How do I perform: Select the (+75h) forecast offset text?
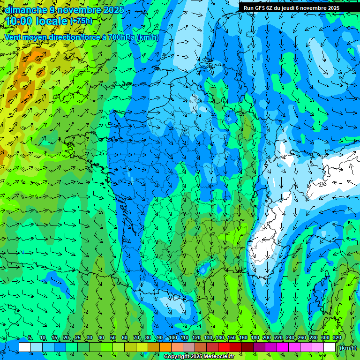[x=81, y=21]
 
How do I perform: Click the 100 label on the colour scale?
[x=172, y=338]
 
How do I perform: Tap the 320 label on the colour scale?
[x=337, y=338]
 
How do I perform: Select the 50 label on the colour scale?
[x=112, y=338]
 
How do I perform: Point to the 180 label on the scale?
[x=255, y=338]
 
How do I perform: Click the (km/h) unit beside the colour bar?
[x=348, y=348]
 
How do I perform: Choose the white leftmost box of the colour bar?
[x=25, y=347]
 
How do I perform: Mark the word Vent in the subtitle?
[x=13, y=37]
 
